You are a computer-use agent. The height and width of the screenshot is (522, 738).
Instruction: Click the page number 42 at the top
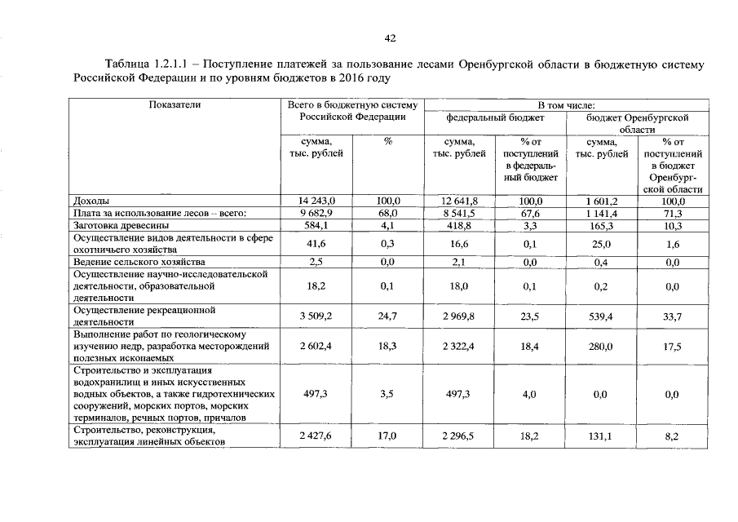tap(390, 38)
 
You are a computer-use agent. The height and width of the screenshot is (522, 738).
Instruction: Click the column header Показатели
tap(175, 105)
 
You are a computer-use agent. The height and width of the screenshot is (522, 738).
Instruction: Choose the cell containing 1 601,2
tap(602, 201)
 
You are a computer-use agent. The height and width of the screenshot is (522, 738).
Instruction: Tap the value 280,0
tap(602, 347)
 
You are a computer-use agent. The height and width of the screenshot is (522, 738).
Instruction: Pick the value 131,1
tap(602, 436)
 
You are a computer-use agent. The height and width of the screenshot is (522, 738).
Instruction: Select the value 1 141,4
tap(602, 213)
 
